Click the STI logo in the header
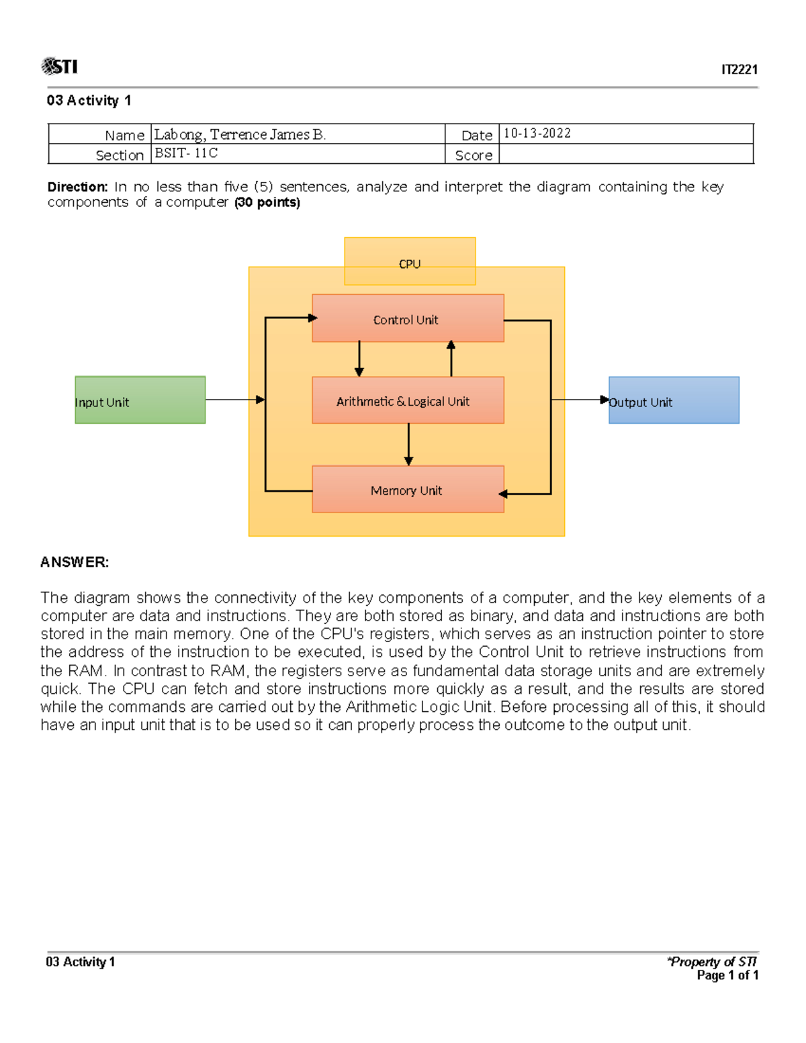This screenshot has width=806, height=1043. (x=59, y=66)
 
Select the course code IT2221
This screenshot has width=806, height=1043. (x=739, y=70)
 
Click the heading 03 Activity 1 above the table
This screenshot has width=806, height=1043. (x=89, y=101)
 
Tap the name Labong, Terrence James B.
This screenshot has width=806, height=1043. (x=240, y=134)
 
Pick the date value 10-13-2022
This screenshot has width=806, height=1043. (x=537, y=133)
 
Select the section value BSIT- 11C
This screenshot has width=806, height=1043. (x=186, y=153)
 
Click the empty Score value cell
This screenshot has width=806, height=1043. (x=625, y=154)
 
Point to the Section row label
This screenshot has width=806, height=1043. (x=120, y=155)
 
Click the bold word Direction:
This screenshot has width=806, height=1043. (x=77, y=187)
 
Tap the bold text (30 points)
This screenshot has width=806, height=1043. (x=267, y=202)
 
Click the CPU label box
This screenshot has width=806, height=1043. (x=410, y=261)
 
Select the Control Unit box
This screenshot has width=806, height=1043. (x=408, y=318)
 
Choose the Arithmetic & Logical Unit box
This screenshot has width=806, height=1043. (x=408, y=400)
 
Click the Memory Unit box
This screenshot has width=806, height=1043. (x=408, y=490)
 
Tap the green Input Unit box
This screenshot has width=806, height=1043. (x=140, y=400)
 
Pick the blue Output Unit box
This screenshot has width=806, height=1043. (x=674, y=400)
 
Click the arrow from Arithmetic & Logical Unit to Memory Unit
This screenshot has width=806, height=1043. (x=408, y=445)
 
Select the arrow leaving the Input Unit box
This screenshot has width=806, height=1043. (x=234, y=400)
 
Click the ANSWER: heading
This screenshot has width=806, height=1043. (x=75, y=562)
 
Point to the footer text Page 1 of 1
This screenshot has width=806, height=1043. (x=727, y=975)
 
